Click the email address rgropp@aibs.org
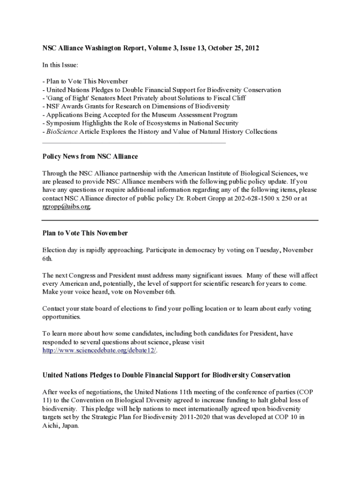(66, 207)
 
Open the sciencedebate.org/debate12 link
(99, 350)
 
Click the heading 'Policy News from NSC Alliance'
(90, 156)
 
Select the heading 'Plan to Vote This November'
(85, 233)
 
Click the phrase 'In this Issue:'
(60, 65)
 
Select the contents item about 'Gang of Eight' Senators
(145, 98)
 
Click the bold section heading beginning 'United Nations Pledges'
(166, 375)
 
